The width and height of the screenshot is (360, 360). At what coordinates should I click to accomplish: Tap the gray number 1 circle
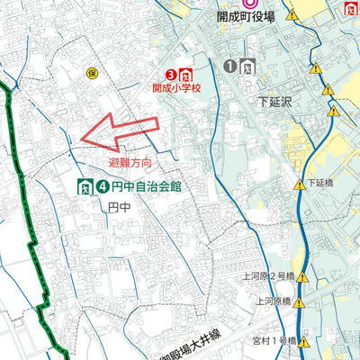click(x=230, y=66)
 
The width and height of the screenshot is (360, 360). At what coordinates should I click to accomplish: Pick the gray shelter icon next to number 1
click(x=247, y=66)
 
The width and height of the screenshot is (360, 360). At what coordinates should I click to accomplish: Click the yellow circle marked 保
click(x=91, y=72)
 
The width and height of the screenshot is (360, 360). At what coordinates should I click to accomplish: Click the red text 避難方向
click(x=130, y=164)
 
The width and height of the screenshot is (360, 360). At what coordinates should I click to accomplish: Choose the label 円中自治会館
click(x=148, y=188)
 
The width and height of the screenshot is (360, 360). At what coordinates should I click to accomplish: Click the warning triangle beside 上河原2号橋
click(x=301, y=278)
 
